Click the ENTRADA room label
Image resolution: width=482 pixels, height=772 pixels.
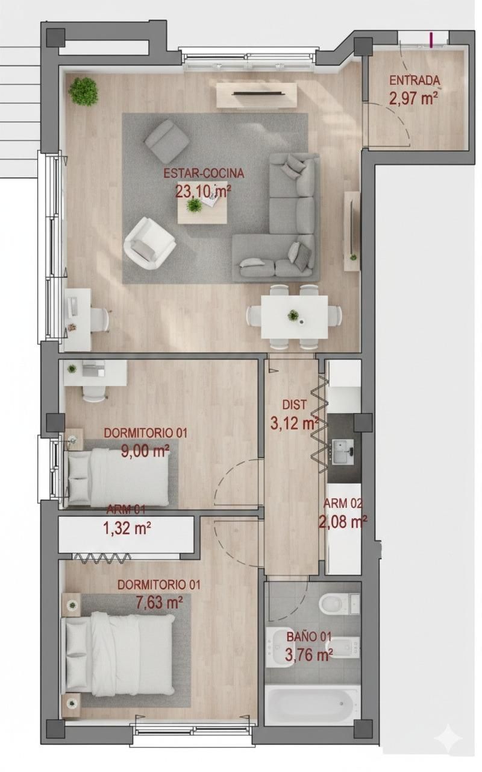(x=415, y=80)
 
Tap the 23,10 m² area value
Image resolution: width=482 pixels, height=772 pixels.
(x=204, y=192)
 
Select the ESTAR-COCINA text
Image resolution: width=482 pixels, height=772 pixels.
(x=204, y=174)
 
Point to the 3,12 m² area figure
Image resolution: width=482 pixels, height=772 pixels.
(x=295, y=423)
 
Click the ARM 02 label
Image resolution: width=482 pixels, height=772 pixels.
(x=343, y=504)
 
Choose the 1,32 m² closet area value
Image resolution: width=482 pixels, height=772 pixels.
(x=127, y=529)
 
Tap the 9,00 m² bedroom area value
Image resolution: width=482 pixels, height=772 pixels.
(x=145, y=451)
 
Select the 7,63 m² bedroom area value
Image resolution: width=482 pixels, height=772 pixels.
(x=159, y=602)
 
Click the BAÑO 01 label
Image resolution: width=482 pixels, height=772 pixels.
(x=309, y=637)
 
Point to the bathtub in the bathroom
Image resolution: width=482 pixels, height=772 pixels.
(x=313, y=704)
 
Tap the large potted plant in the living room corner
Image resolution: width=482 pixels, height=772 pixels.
(x=84, y=91)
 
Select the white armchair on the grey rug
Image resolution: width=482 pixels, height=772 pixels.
(x=148, y=242)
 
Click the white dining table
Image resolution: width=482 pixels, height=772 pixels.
(x=294, y=317)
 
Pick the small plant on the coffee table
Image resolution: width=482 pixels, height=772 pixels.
(x=194, y=206)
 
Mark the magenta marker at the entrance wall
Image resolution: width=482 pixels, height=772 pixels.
(x=432, y=40)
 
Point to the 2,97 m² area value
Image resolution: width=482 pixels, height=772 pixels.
(x=413, y=98)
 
